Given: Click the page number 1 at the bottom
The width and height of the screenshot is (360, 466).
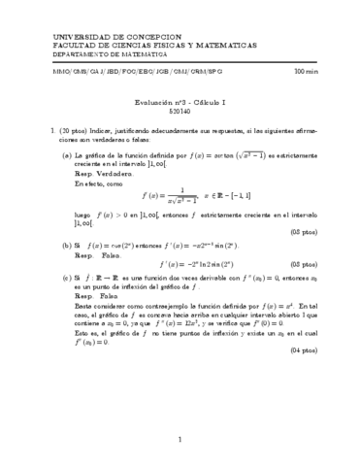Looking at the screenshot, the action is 180,440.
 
